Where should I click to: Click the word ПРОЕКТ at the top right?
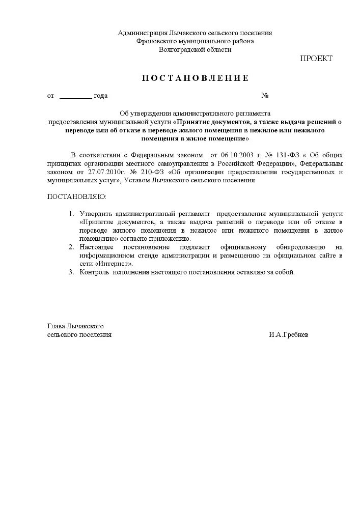pos(316,59)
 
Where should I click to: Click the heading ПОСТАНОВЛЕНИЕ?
pos(195,78)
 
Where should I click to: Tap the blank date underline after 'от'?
pos(76,96)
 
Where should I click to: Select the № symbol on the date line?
pos(265,96)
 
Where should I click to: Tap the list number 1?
pos(71,214)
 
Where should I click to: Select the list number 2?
pos(71,247)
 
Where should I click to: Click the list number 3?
pos(71,272)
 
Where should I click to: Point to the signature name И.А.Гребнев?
pos(289,335)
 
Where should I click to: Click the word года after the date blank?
pos(101,96)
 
